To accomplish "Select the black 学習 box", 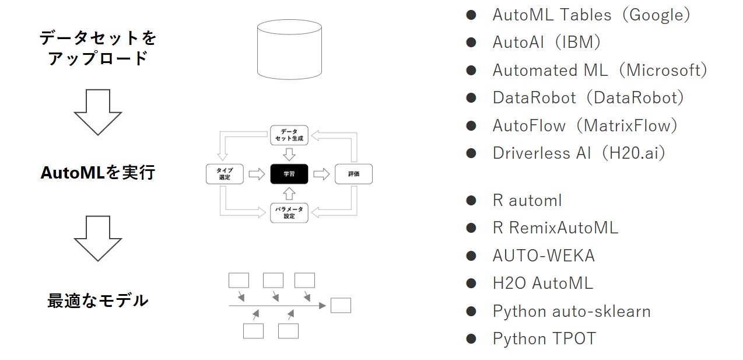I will tap(289, 174).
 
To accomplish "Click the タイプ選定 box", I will tap(225, 174).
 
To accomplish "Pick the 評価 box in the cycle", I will tap(353, 174).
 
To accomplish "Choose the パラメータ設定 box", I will tap(289, 212).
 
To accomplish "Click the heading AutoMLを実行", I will tap(98, 173).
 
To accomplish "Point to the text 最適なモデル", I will tap(98, 301).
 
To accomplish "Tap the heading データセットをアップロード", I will tap(98, 48).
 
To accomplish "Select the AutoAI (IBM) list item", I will tap(546, 43).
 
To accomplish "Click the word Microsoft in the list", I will tap(663, 70).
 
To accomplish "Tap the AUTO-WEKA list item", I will tap(544, 256).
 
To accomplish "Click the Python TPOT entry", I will tap(544, 338).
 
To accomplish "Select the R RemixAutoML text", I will tap(555, 228).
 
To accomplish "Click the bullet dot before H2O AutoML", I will tap(471, 284).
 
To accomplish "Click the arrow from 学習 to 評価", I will tap(321, 174).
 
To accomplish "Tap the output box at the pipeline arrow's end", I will tap(341, 305).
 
